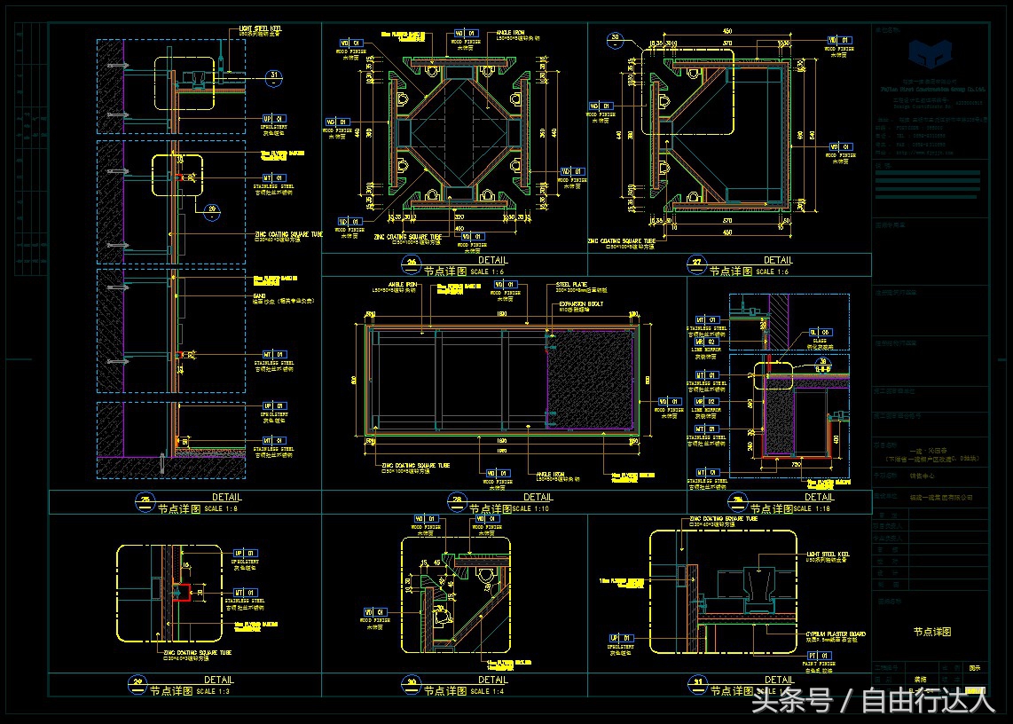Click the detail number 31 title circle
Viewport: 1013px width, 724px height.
pyautogui.click(x=697, y=683)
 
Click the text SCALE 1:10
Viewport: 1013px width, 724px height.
pyautogui.click(x=533, y=508)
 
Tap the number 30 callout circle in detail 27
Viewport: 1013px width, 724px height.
pyautogui.click(x=616, y=38)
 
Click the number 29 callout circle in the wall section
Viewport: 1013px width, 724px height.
pyautogui.click(x=211, y=211)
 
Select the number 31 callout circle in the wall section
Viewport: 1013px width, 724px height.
pyautogui.click(x=275, y=75)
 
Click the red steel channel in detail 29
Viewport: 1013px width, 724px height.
pyautogui.click(x=183, y=590)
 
